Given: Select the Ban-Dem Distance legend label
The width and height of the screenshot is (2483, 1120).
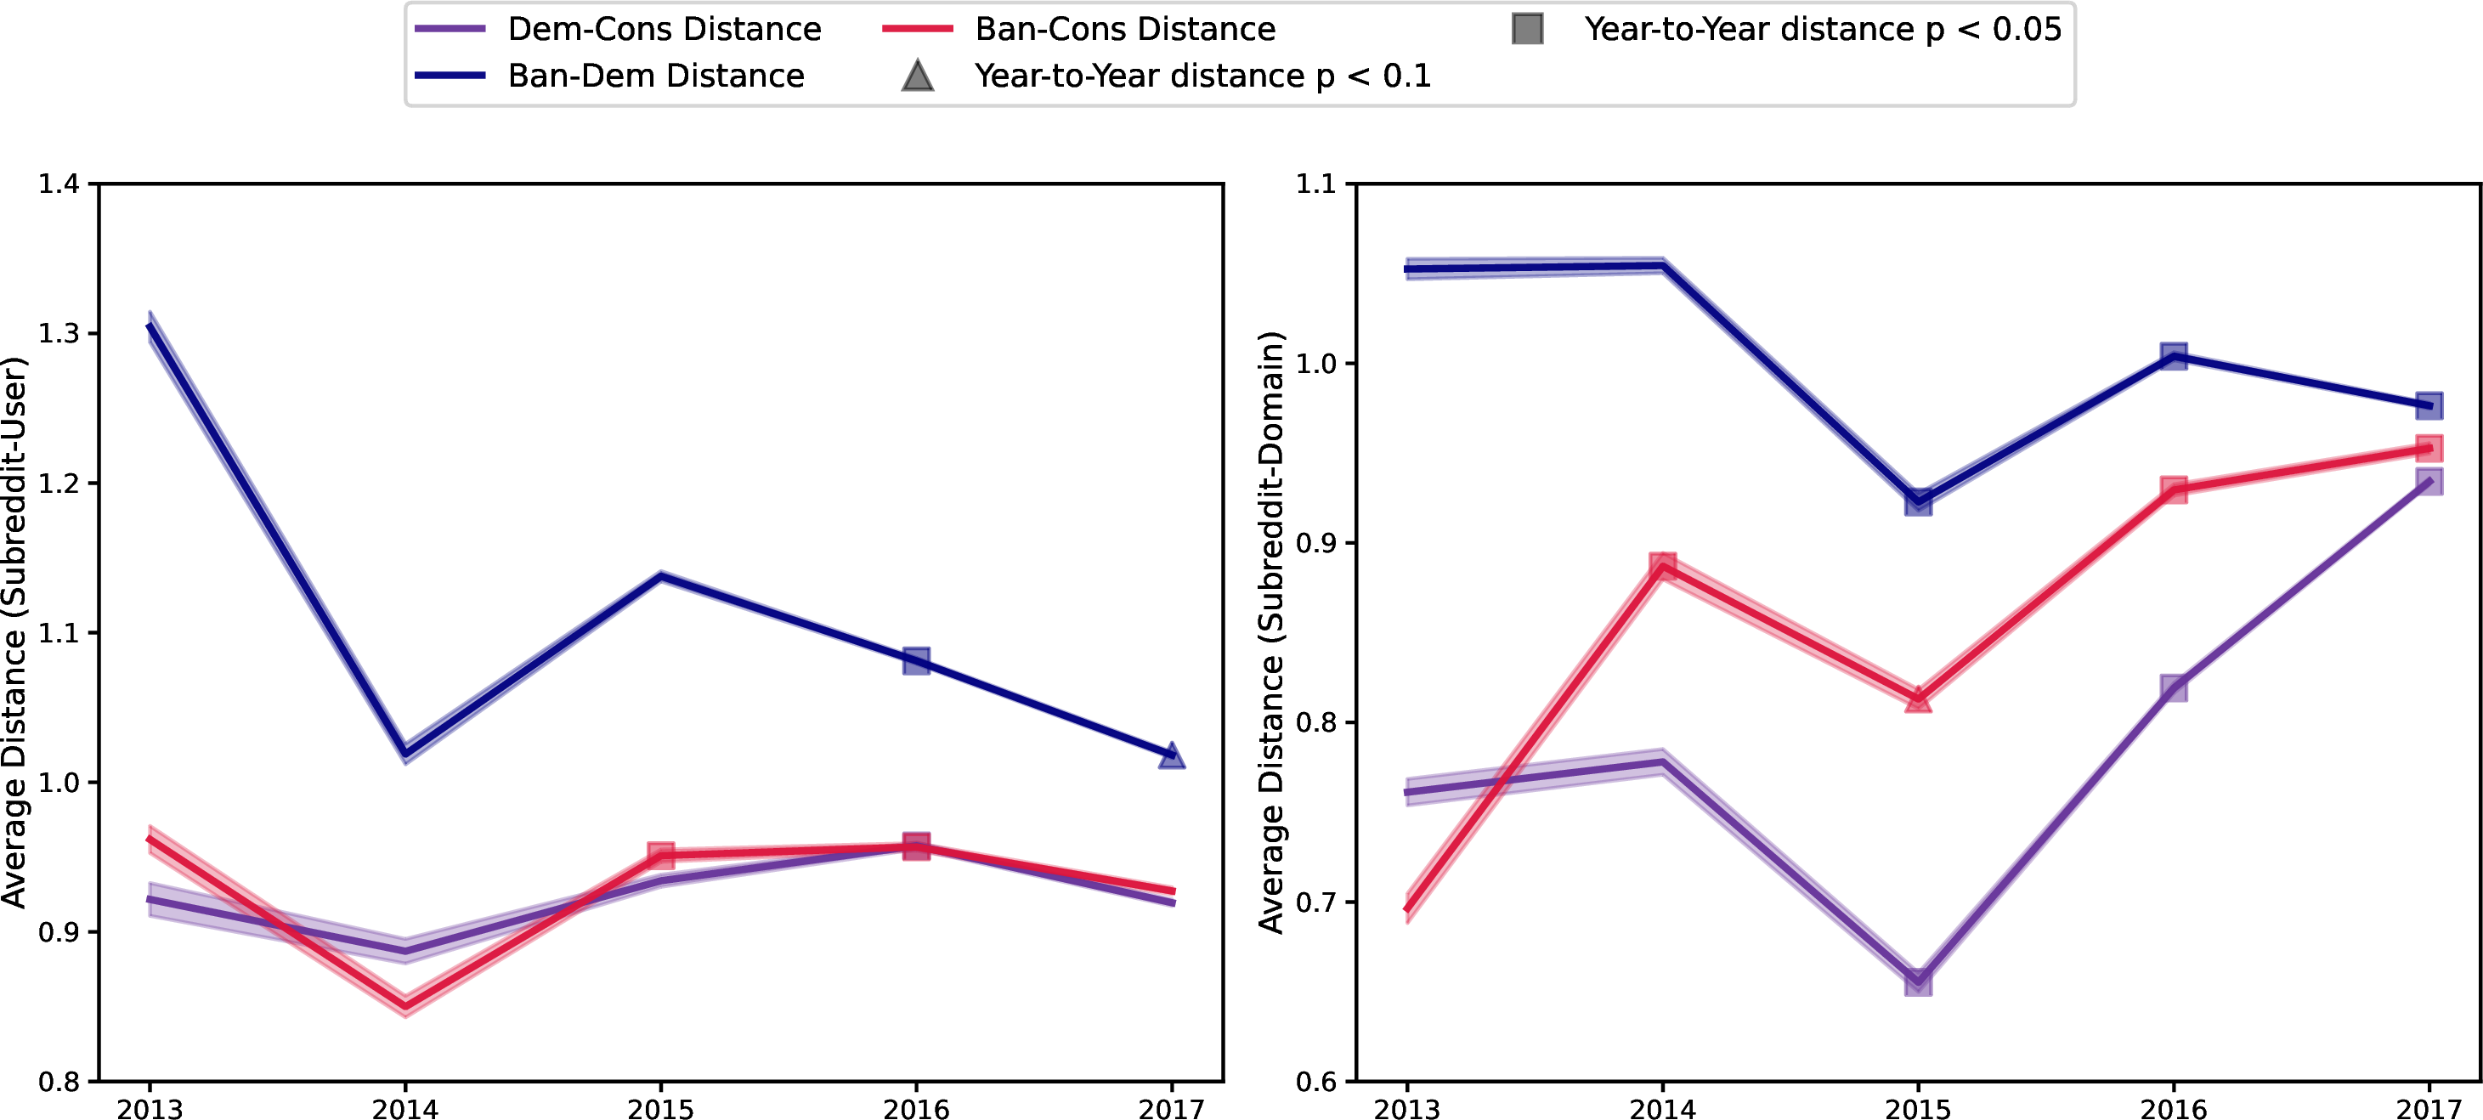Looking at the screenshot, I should click(x=655, y=75).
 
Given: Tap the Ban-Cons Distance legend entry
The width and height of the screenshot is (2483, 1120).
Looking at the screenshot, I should click(x=1124, y=29).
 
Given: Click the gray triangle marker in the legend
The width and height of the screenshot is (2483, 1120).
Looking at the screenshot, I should click(x=918, y=75).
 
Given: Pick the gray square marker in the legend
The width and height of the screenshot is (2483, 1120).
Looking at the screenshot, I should click(x=1528, y=29).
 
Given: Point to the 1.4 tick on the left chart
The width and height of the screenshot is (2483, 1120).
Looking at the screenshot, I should click(x=59, y=184).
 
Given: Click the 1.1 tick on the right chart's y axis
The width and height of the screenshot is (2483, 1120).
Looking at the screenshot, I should click(x=1316, y=184).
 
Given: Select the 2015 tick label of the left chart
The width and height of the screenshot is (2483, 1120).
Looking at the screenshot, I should click(x=660, y=1108).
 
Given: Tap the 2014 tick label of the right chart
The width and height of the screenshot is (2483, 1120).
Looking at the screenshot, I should click(x=1663, y=1108).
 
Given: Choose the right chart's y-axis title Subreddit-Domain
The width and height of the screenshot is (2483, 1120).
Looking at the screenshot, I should click(x=1272, y=631).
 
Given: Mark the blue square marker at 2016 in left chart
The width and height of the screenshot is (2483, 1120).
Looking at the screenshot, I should click(x=917, y=661).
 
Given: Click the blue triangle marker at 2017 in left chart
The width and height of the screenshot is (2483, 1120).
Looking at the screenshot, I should click(x=1172, y=755).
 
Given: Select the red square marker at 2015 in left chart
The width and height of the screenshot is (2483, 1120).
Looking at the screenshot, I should click(x=660, y=855).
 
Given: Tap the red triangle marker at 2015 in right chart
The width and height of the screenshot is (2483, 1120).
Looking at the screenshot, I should click(x=1918, y=699).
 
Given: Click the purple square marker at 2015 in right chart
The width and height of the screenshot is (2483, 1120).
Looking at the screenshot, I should click(x=1918, y=981).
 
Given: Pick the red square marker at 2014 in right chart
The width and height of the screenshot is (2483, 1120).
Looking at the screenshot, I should click(x=1663, y=567).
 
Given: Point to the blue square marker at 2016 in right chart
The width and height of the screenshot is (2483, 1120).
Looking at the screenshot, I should click(x=2174, y=357).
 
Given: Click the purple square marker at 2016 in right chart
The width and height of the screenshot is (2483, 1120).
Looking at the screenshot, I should click(x=2174, y=688).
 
